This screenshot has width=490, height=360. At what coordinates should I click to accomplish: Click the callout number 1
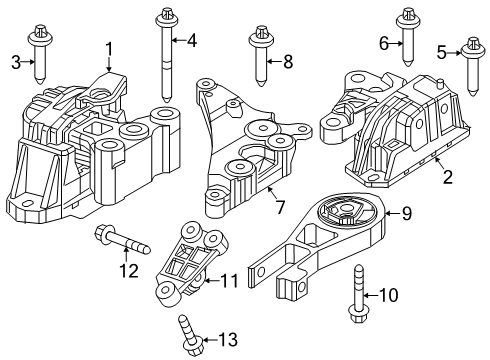tap(110, 47)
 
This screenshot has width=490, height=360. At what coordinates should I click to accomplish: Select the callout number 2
tap(447, 177)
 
